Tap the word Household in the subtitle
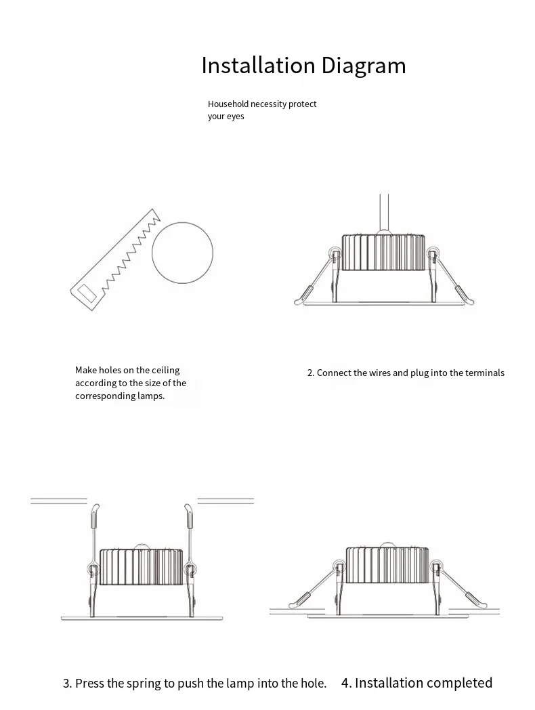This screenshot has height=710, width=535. [x=228, y=104]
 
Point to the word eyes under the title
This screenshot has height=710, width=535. [x=236, y=117]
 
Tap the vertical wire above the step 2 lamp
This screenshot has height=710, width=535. [x=384, y=213]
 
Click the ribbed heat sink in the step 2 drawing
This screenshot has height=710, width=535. [x=383, y=252]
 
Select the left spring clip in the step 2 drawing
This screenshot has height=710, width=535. [x=317, y=277]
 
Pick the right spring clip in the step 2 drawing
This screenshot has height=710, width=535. [x=451, y=277]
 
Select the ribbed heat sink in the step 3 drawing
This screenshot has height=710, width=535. [x=142, y=566]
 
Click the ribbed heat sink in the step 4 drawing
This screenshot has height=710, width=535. [x=387, y=564]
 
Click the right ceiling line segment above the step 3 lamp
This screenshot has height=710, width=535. [x=226, y=501]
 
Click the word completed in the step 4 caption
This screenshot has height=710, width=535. [x=459, y=684]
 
